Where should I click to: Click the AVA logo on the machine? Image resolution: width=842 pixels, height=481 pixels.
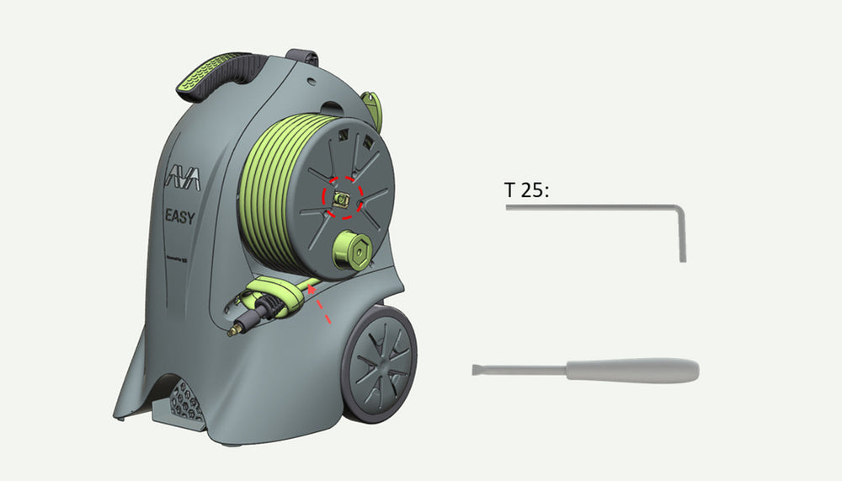(179, 179)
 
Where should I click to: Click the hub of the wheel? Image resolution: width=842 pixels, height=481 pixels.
(379, 364)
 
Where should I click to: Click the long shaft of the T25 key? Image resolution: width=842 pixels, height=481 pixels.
(589, 207)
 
